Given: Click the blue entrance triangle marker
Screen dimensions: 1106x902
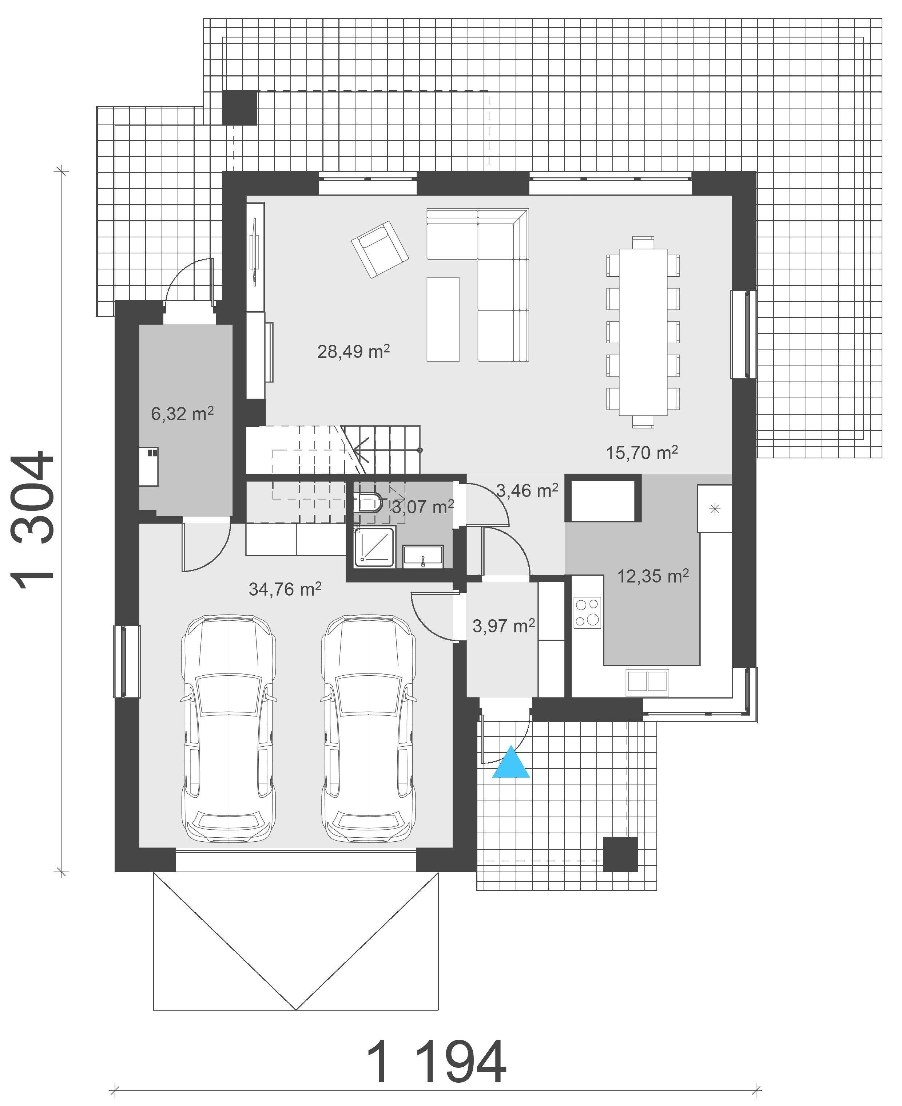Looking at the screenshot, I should [x=511, y=763].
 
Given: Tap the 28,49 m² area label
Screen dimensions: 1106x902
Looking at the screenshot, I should [x=353, y=352].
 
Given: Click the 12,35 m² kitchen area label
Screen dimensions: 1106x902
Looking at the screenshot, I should [x=653, y=576].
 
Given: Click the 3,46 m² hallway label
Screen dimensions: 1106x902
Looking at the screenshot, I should [x=527, y=490].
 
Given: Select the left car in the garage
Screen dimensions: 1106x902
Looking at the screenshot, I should [x=229, y=729].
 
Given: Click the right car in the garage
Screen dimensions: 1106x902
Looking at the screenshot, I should [x=368, y=729].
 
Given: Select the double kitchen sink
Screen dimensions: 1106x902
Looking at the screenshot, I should [x=647, y=682].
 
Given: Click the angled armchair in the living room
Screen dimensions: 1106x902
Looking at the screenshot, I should [x=380, y=249].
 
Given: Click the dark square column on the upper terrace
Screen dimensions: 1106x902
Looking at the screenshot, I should [x=239, y=108].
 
